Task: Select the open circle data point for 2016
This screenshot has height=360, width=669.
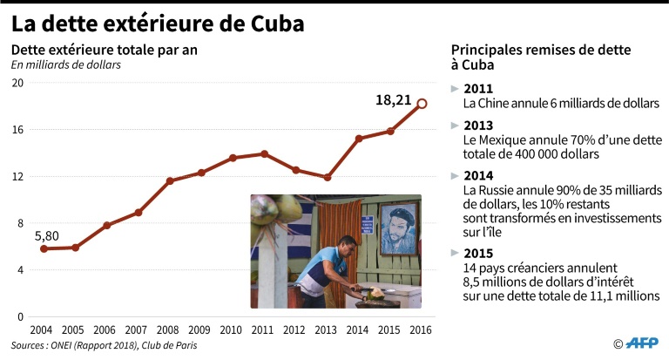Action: [x=422, y=104]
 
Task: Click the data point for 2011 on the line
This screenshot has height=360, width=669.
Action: [x=264, y=153]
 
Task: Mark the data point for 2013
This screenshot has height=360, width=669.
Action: [x=327, y=178]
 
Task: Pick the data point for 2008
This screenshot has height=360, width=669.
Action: [x=170, y=181]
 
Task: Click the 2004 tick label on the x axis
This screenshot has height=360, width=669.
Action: [x=43, y=330]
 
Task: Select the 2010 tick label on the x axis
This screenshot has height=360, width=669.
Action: [x=232, y=330]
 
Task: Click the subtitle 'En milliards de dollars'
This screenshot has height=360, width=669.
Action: [x=65, y=64]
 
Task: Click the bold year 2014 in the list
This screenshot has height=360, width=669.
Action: [x=478, y=174]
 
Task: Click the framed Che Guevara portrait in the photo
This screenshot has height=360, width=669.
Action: [x=397, y=228]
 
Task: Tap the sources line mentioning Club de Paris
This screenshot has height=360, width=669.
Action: [x=105, y=346]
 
